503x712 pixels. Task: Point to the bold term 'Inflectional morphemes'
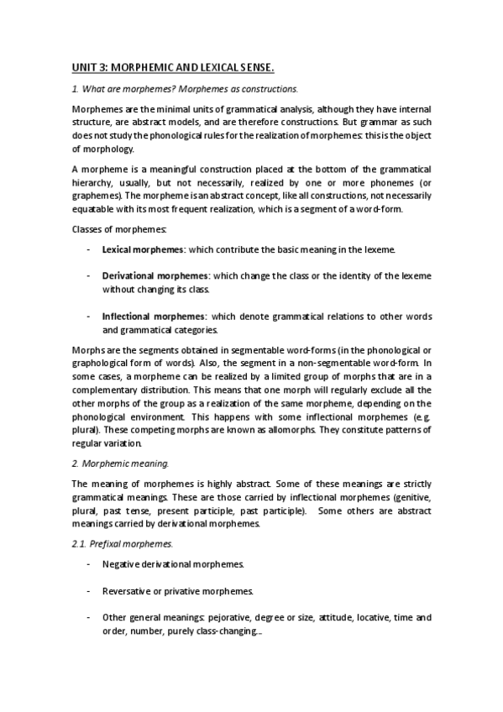(x=154, y=317)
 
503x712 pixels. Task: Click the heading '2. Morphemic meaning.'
(x=121, y=462)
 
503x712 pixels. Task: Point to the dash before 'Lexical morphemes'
(x=88, y=250)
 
